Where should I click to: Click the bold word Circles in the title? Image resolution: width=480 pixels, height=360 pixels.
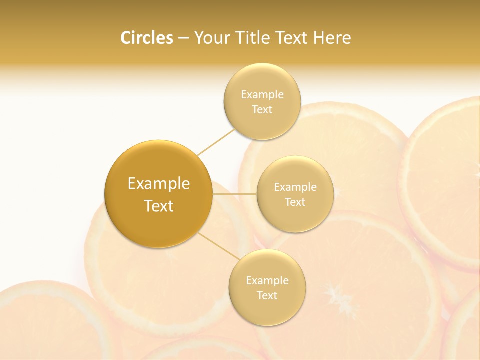click(x=147, y=38)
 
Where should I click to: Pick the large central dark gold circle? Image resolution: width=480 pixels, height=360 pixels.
click(x=158, y=220)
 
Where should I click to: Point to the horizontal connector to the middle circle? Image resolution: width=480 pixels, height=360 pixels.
click(x=234, y=194)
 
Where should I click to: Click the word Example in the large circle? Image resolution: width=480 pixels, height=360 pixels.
click(x=159, y=184)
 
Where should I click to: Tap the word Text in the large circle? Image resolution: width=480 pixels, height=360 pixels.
click(x=159, y=206)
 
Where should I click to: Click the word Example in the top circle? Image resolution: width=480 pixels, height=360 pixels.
click(x=262, y=95)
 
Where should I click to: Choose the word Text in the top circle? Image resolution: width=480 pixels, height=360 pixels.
click(x=262, y=110)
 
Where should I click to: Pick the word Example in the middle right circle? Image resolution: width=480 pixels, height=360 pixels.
click(x=295, y=187)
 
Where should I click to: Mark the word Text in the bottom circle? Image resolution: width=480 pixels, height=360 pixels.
click(x=267, y=295)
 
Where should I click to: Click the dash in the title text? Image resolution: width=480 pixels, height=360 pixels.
click(x=183, y=38)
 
